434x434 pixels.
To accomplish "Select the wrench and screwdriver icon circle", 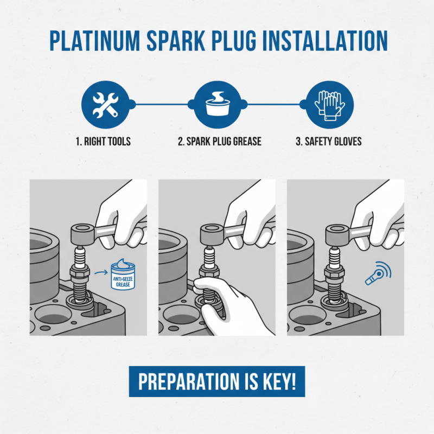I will click(103, 103).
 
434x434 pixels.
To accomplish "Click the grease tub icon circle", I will click(216, 103).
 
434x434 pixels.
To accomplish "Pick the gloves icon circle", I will click(330, 103).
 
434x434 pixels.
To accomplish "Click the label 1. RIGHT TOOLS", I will click(103, 142).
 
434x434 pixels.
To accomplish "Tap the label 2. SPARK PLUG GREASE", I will click(220, 142).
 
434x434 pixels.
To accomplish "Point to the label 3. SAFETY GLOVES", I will click(328, 142).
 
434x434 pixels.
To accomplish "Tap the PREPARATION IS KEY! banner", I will click(216, 382).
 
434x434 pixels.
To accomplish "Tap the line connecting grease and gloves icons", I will click(273, 103).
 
